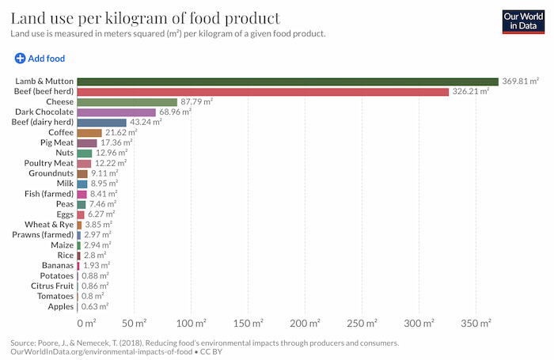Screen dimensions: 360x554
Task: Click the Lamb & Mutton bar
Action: (x=287, y=81)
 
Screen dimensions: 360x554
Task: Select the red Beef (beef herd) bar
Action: (x=263, y=92)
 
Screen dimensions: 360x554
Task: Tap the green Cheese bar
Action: (x=127, y=102)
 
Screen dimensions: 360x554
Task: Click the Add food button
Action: (x=40, y=59)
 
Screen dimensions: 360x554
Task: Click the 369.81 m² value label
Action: (x=520, y=81)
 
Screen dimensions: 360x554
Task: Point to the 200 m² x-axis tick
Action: (x=304, y=324)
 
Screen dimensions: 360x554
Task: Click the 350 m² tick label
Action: (x=473, y=324)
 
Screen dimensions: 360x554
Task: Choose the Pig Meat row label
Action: (x=56, y=143)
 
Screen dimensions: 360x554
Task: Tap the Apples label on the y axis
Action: (x=60, y=306)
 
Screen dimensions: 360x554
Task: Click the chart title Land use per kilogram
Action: (x=144, y=17)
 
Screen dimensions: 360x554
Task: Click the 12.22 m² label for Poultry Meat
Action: (x=110, y=163)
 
